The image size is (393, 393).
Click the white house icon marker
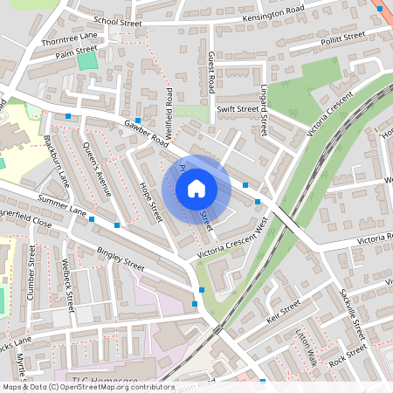(x=196, y=188)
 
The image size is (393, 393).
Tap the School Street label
(x=117, y=20)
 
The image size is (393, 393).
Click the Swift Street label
(x=237, y=109)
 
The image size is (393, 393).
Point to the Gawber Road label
(x=146, y=132)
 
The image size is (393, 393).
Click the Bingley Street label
(x=121, y=259)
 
